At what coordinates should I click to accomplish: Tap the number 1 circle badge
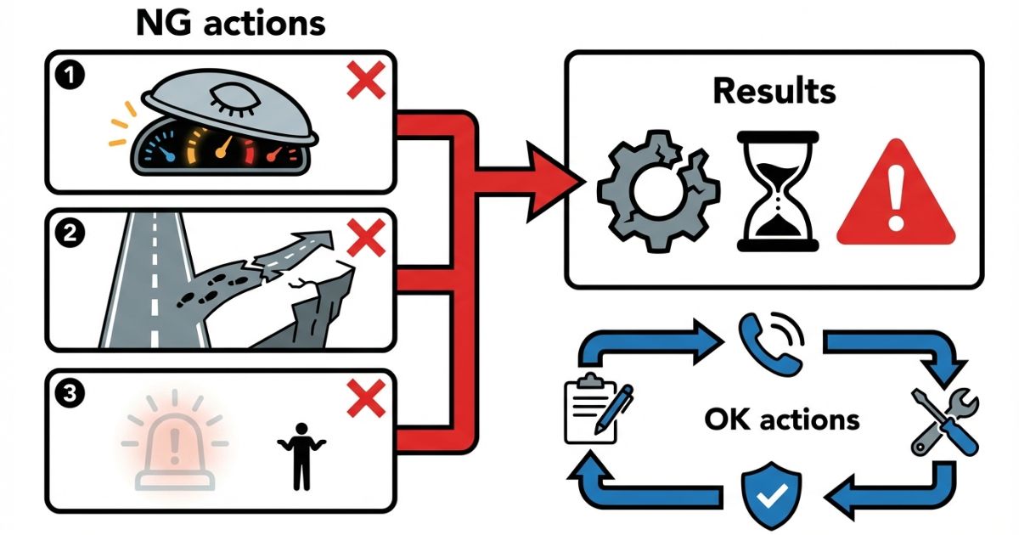click(67, 75)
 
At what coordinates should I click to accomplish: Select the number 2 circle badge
click(67, 234)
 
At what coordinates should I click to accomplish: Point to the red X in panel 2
click(366, 239)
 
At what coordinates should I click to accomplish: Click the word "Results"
click(774, 90)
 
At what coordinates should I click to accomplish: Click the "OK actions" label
click(782, 420)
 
